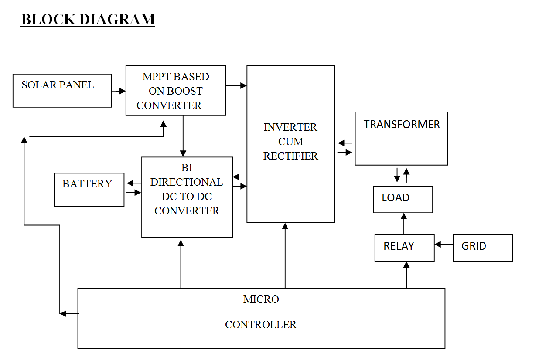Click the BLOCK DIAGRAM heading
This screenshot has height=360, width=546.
pyautogui.click(x=88, y=20)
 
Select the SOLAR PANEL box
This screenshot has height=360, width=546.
pyautogui.click(x=62, y=91)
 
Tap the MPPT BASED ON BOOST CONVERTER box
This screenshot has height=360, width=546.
pyautogui.click(x=175, y=91)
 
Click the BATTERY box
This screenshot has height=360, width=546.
pyautogui.click(x=89, y=190)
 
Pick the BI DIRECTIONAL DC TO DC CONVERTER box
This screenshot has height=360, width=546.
pyautogui.click(x=187, y=197)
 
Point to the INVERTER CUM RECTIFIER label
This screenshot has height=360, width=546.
pyautogui.click(x=290, y=142)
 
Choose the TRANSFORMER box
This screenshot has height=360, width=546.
pyautogui.click(x=401, y=138)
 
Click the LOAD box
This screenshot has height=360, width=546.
pyautogui.click(x=403, y=199)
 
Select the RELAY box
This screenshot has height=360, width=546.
pyautogui.click(x=404, y=248)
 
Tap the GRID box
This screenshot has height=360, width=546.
pyautogui.click(x=482, y=248)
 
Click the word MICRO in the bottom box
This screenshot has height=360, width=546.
pyautogui.click(x=261, y=300)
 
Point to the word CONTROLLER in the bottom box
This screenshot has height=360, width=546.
pyautogui.click(x=261, y=325)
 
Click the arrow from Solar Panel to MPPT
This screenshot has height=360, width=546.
pyautogui.click(x=119, y=91)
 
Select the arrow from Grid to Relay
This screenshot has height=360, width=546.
pyautogui.click(x=444, y=245)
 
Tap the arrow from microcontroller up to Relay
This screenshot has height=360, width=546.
pyautogui.click(x=406, y=275)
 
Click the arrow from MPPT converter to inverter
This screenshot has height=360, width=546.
pyautogui.click(x=236, y=86)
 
